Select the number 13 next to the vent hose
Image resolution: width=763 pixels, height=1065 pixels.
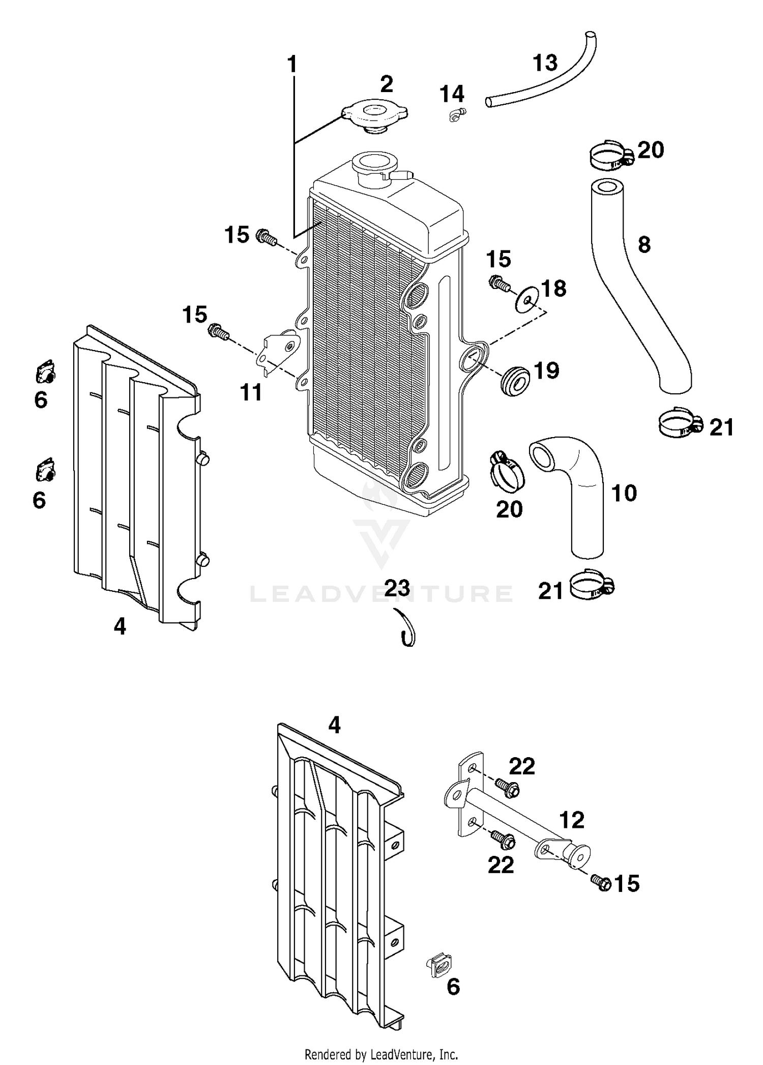tap(545, 63)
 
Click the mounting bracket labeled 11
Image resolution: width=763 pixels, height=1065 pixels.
tap(277, 351)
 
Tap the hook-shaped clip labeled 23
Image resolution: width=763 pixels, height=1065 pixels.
tap(407, 629)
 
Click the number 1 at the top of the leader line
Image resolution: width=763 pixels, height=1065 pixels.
tap(292, 65)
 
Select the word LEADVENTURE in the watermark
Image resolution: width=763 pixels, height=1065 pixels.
tap(381, 593)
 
